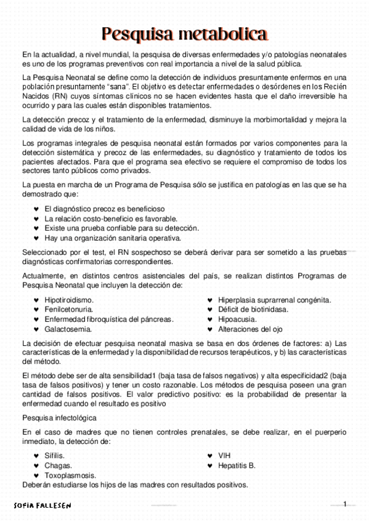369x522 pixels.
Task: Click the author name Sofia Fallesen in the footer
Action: (43, 505)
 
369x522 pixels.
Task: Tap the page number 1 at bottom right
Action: (345, 504)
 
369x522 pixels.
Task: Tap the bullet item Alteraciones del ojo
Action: (249, 329)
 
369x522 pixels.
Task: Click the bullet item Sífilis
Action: (54, 456)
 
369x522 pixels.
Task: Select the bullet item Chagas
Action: (58, 465)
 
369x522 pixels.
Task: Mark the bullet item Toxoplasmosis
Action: (70, 475)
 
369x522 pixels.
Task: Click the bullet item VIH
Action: (224, 456)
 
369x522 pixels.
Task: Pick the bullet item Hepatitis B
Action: (237, 465)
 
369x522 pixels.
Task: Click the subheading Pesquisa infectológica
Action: (60, 417)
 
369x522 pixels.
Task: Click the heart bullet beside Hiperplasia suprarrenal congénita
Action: (210, 300)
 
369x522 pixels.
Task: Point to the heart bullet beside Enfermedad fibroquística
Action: (36, 319)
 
